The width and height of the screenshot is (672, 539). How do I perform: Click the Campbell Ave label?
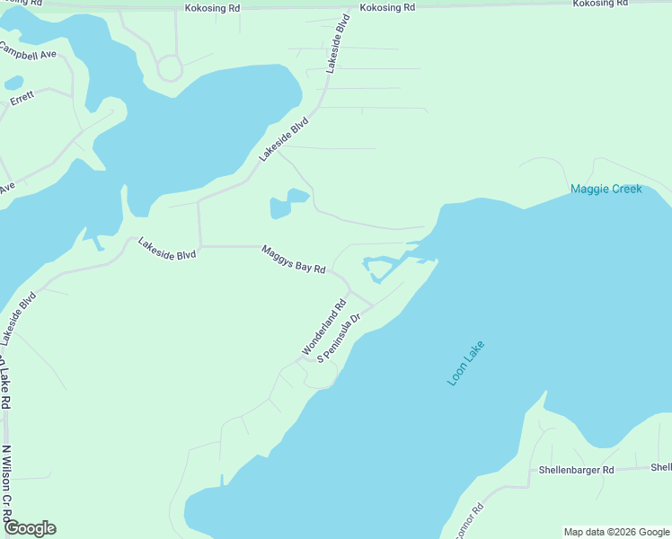[x=29, y=54]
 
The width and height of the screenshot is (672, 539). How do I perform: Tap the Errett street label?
[x=22, y=100]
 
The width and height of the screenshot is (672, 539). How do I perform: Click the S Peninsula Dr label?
[x=339, y=337]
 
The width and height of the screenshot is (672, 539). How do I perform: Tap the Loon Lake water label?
[x=465, y=363]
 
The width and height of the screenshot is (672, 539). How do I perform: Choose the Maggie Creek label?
[x=606, y=190]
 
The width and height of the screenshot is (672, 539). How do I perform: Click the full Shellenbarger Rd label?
[x=576, y=470]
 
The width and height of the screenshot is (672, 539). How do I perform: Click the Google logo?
[x=30, y=528]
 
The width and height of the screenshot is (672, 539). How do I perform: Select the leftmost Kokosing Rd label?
[x=212, y=8]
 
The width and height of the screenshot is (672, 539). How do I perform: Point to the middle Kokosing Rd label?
[x=387, y=8]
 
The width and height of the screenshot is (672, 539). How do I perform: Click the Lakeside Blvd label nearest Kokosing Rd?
[x=337, y=44]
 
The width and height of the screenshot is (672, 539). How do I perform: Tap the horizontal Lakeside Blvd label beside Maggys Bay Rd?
[x=167, y=254]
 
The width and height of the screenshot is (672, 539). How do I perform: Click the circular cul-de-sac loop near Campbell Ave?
[x=170, y=67]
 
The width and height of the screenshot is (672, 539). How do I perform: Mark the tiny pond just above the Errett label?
[x=13, y=83]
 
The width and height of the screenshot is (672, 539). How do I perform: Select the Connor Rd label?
[x=469, y=521]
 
